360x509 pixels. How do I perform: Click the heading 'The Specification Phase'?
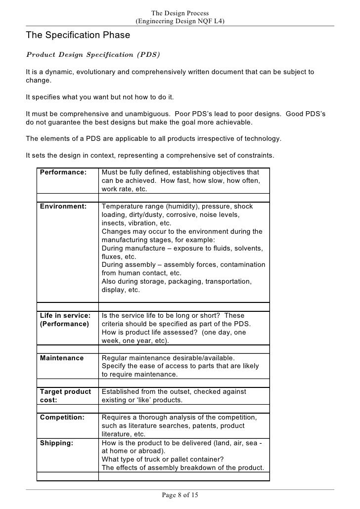(x=78, y=36)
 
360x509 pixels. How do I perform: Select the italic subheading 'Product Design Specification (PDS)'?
(x=93, y=53)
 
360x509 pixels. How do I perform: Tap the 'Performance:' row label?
(x=63, y=172)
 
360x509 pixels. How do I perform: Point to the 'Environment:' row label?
(x=63, y=206)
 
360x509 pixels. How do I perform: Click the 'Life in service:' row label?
(x=65, y=316)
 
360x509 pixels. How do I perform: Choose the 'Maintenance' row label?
(x=61, y=358)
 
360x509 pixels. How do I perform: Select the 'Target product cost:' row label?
(x=65, y=396)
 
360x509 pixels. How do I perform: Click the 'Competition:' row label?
(x=62, y=417)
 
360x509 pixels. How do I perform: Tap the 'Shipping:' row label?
(x=56, y=443)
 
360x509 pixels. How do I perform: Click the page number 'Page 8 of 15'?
(x=180, y=495)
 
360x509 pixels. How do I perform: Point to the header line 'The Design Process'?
(x=180, y=13)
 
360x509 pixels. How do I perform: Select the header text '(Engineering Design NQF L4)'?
(x=180, y=22)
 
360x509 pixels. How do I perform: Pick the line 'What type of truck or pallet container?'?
(x=165, y=460)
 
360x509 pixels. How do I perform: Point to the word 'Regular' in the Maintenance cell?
(x=115, y=358)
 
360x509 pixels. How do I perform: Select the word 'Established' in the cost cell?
(x=121, y=391)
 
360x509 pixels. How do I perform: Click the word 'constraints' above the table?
(x=253, y=156)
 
